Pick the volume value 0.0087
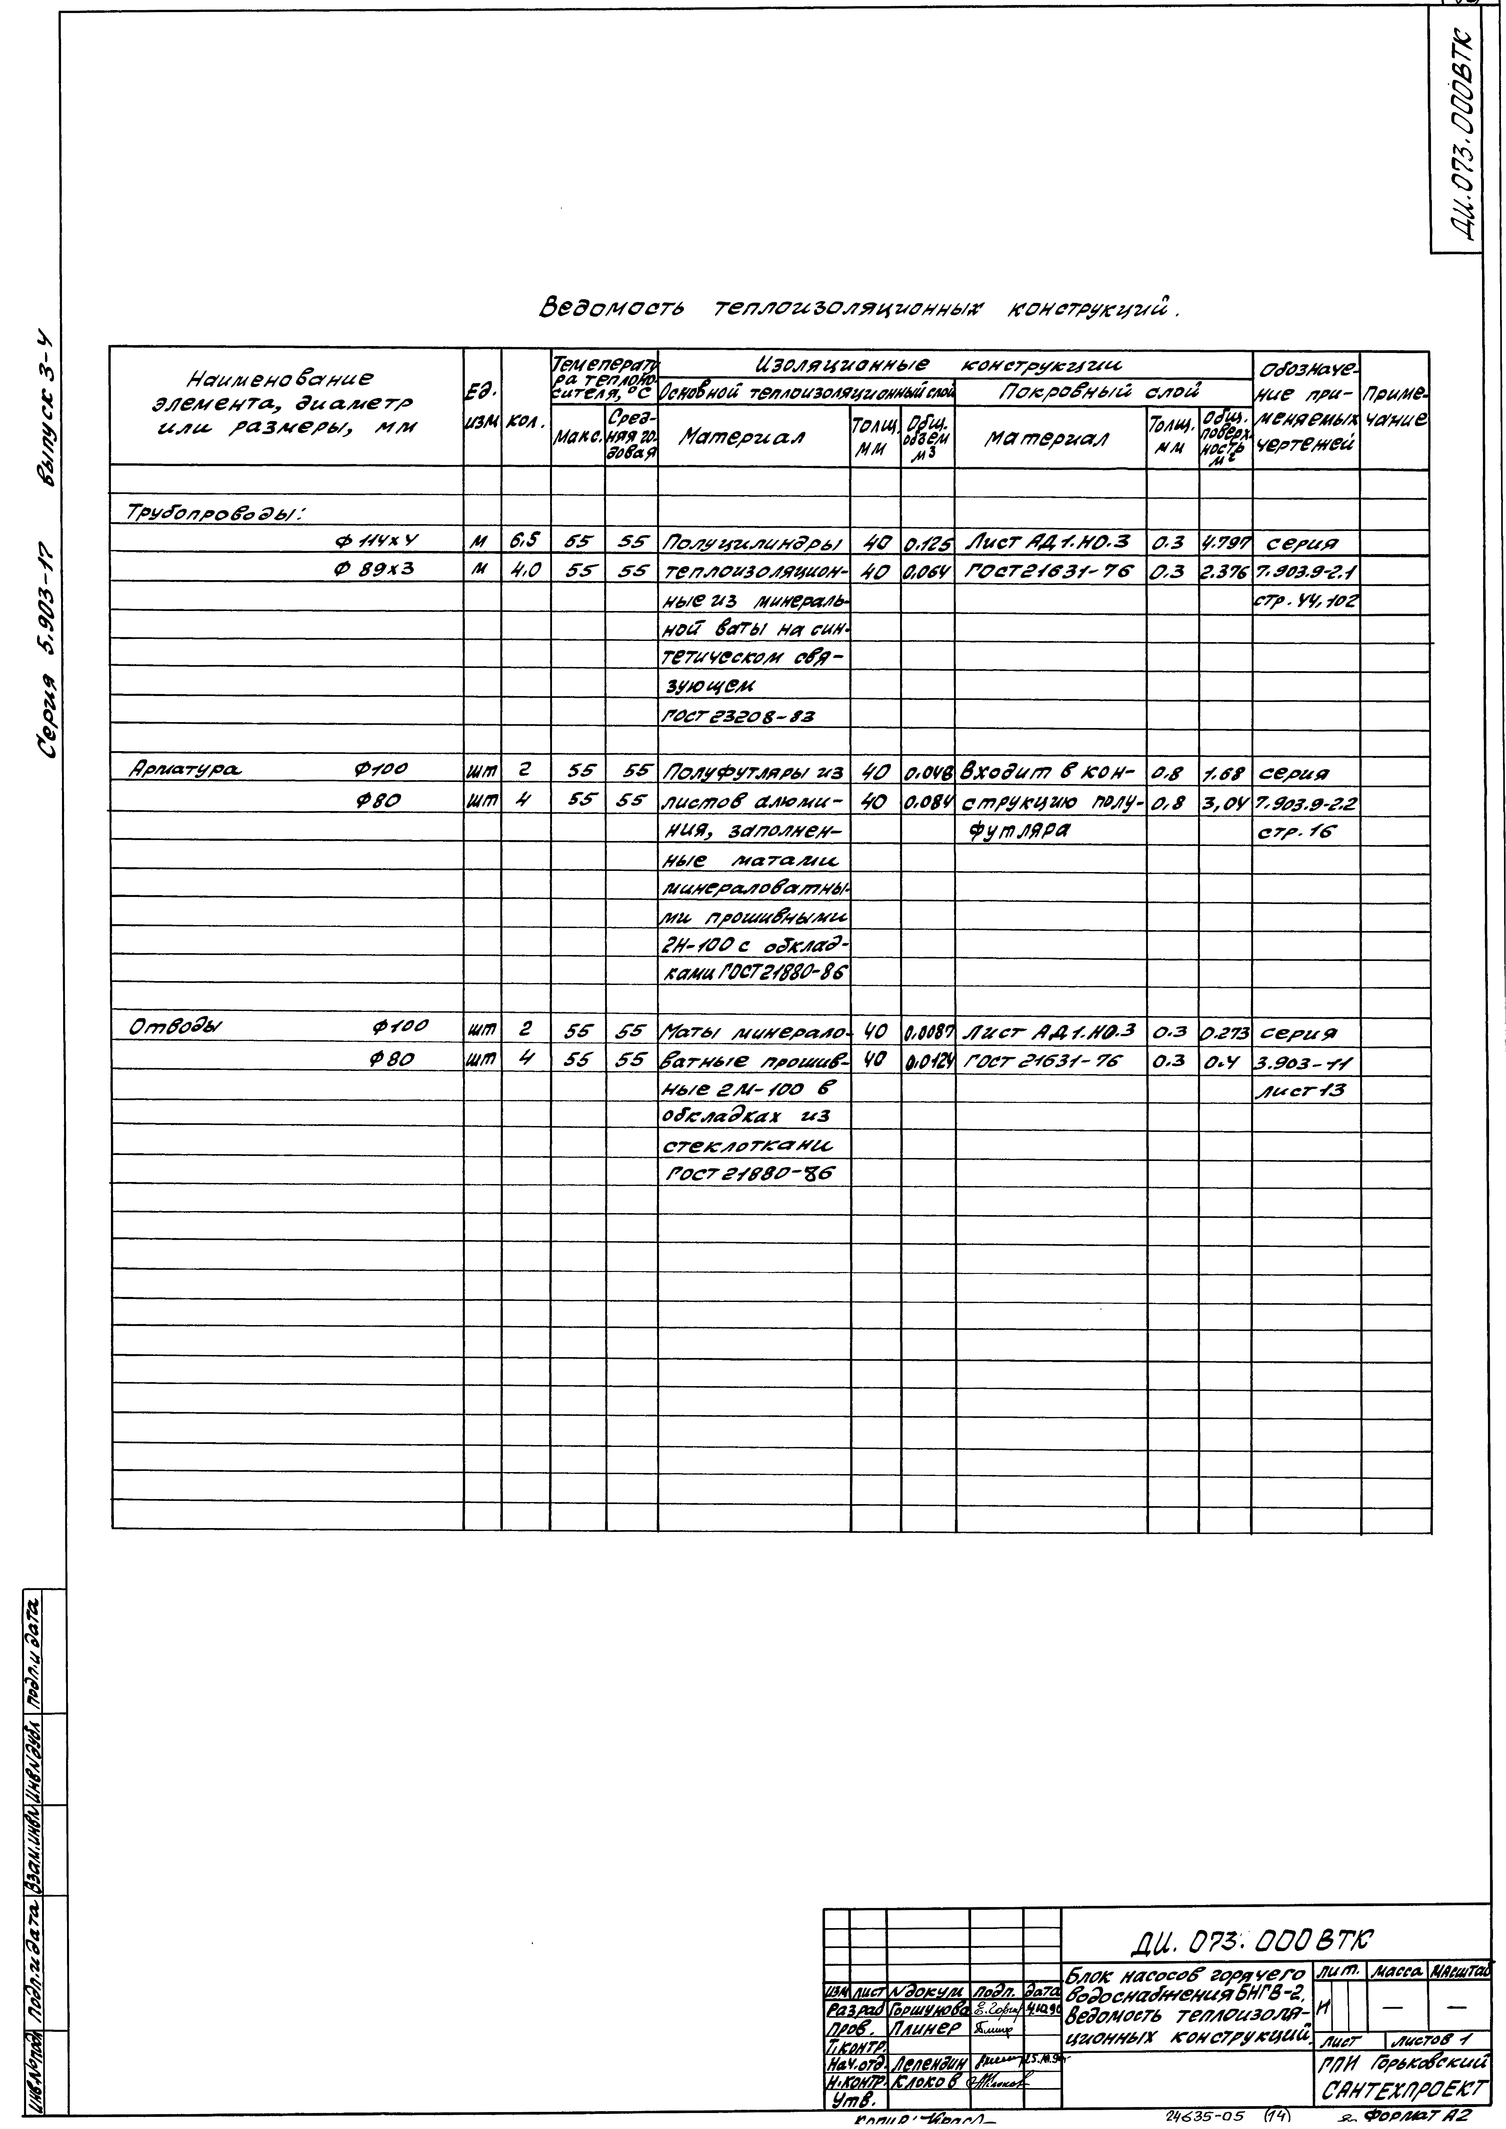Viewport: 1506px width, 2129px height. click(926, 1030)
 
